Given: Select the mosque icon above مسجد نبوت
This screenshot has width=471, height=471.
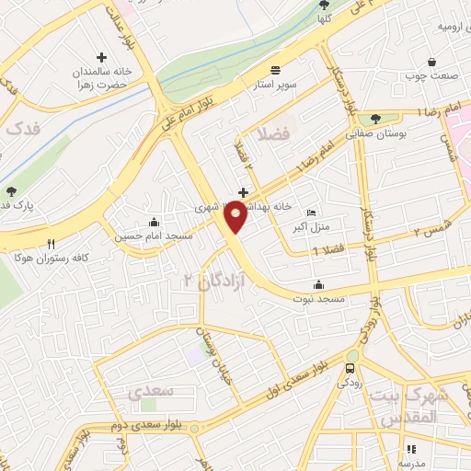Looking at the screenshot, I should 319,283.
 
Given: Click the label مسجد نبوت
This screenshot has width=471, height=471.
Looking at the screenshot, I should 319,299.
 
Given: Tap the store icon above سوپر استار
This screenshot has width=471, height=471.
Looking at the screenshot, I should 275,70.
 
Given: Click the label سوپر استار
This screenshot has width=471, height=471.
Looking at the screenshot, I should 275,86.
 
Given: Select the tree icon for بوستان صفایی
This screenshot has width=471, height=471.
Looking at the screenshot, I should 375,118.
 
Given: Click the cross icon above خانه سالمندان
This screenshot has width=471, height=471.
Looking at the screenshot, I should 101,57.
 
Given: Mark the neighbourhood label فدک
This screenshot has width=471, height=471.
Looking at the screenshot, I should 25,131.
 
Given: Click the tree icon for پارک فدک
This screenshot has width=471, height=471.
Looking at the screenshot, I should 11,192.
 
